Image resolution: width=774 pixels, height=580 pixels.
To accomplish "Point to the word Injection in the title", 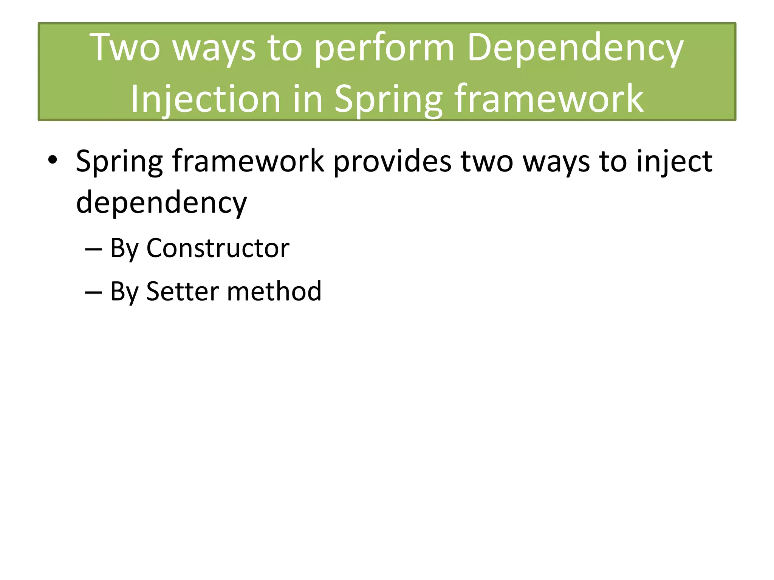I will coord(206,99).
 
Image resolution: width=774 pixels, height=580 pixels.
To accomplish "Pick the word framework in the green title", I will coord(549,99).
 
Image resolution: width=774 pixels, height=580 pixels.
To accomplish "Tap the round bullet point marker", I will coord(53,160).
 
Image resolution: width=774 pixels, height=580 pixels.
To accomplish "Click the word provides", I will coord(392,162).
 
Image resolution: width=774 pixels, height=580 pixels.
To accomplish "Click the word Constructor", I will coord(218,248).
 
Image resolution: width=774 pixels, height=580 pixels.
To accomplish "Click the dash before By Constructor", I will coord(93,249).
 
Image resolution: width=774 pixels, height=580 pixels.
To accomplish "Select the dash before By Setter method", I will coord(93,292).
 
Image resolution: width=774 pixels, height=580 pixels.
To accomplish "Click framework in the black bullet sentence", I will coord(248,162).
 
